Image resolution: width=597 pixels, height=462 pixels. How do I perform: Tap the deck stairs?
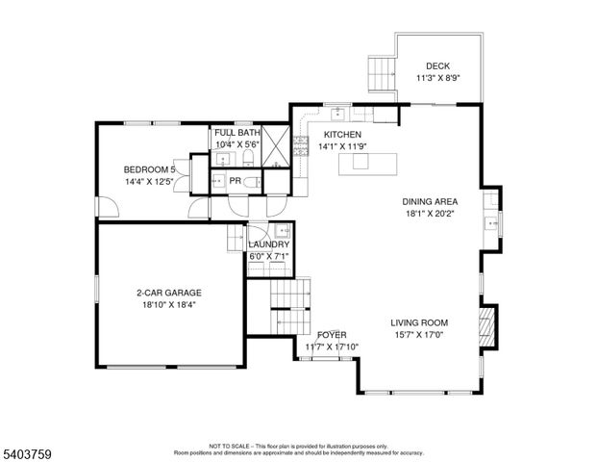(381, 70)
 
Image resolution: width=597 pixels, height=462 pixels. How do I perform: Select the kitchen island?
(365, 162)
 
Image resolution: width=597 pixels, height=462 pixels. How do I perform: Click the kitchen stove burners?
(300, 145)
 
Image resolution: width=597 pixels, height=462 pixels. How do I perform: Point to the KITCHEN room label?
(342, 135)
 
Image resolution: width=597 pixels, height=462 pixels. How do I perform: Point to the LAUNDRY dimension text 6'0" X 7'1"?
(270, 256)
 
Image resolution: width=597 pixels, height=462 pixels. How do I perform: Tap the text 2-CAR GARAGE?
(168, 293)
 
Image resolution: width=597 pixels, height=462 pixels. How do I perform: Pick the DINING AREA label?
(430, 202)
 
